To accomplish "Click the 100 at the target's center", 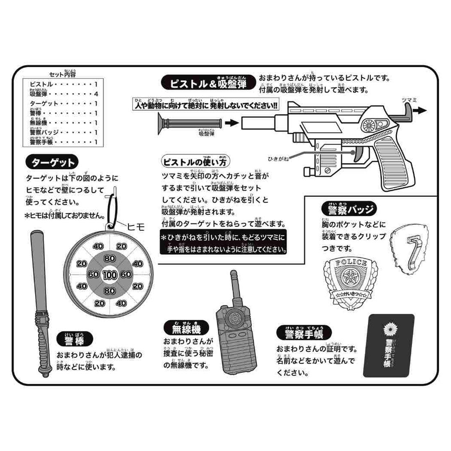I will [x=109, y=274].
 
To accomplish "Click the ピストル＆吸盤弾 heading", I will [x=209, y=83].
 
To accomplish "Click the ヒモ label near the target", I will [x=136, y=226].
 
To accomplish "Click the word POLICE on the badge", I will [x=345, y=263].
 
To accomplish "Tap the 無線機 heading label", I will [x=186, y=328].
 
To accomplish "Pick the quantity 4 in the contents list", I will [x=96, y=94].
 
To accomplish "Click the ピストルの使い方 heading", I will [x=196, y=161].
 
